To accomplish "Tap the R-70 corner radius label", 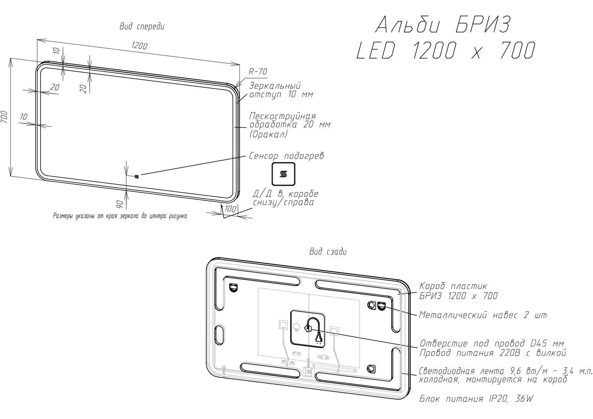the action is (x=258, y=72).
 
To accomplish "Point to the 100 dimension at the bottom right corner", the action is (x=230, y=209).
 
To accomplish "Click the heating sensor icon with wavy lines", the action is (x=283, y=174).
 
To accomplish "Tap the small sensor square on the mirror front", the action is (x=137, y=176).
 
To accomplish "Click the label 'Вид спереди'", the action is (x=142, y=27).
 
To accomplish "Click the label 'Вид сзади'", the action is (x=328, y=252).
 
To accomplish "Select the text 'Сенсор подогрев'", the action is (x=287, y=156).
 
